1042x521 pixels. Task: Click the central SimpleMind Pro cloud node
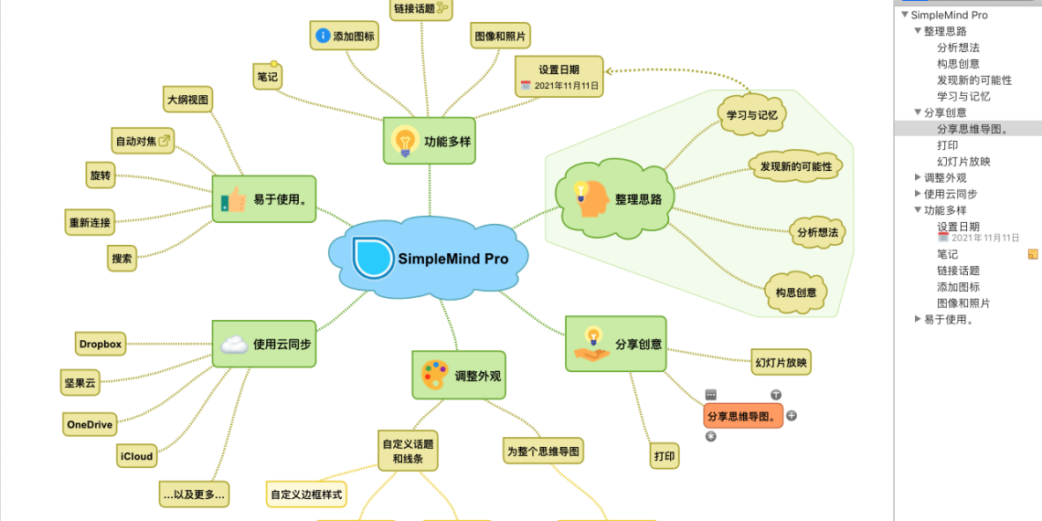430,259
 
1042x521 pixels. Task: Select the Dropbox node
101,344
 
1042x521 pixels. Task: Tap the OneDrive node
90,425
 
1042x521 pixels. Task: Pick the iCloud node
136,456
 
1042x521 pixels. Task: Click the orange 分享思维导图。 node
743,417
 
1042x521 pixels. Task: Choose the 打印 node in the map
665,455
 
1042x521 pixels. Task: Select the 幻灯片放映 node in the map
781,362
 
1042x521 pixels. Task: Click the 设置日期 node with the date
558,77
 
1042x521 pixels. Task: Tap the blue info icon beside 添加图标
323,36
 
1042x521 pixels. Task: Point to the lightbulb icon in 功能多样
404,141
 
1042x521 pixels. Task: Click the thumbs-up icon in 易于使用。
234,199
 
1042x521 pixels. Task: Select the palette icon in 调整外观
434,375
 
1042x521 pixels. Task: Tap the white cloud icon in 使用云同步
234,344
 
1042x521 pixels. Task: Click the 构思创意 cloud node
795,292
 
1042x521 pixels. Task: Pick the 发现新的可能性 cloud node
795,166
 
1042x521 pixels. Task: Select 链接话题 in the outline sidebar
958,271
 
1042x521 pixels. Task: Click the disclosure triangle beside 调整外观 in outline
918,177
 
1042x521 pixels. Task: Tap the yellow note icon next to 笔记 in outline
1033,254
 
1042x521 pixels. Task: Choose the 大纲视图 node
187,99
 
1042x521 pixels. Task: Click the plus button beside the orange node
792,415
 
